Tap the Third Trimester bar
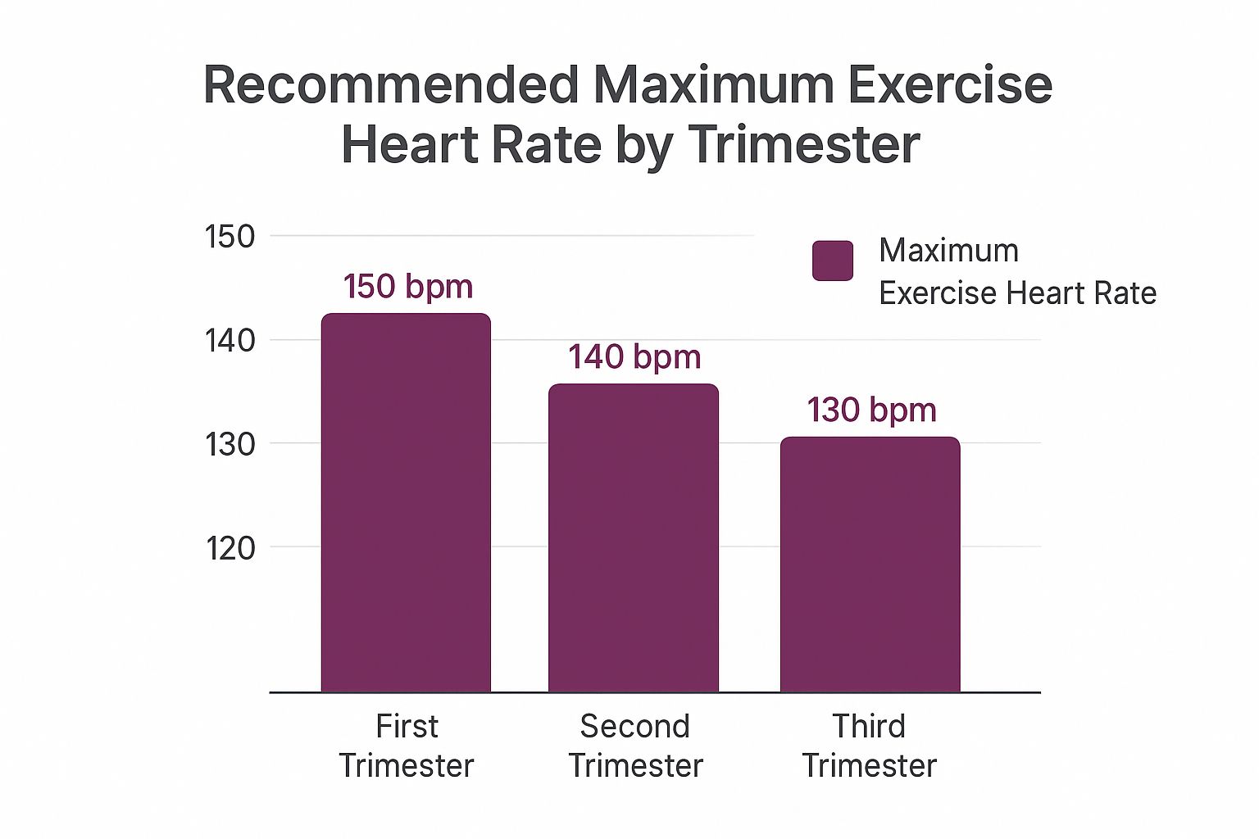[x=870, y=565]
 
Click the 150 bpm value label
[x=408, y=287]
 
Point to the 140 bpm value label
[x=634, y=357]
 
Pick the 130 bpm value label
[x=871, y=410]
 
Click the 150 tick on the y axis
[x=230, y=237]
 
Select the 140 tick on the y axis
[x=230, y=340]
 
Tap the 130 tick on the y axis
[x=230, y=444]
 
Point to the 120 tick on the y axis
[x=230, y=547]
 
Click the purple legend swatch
[x=833, y=261]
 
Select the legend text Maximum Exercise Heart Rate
[x=1016, y=271]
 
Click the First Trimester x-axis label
[x=407, y=746]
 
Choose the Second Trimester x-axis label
[x=635, y=746]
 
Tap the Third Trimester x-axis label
[x=869, y=746]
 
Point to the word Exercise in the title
[x=950, y=85]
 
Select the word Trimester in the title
[x=804, y=145]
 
